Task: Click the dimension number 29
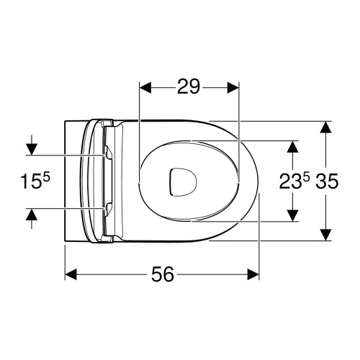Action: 188,87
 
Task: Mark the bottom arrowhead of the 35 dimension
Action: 325,235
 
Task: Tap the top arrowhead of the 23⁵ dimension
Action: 292,146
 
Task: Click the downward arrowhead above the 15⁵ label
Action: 30,149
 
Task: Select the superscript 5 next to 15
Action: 45,177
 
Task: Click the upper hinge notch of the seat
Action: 108,153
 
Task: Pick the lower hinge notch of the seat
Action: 108,210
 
